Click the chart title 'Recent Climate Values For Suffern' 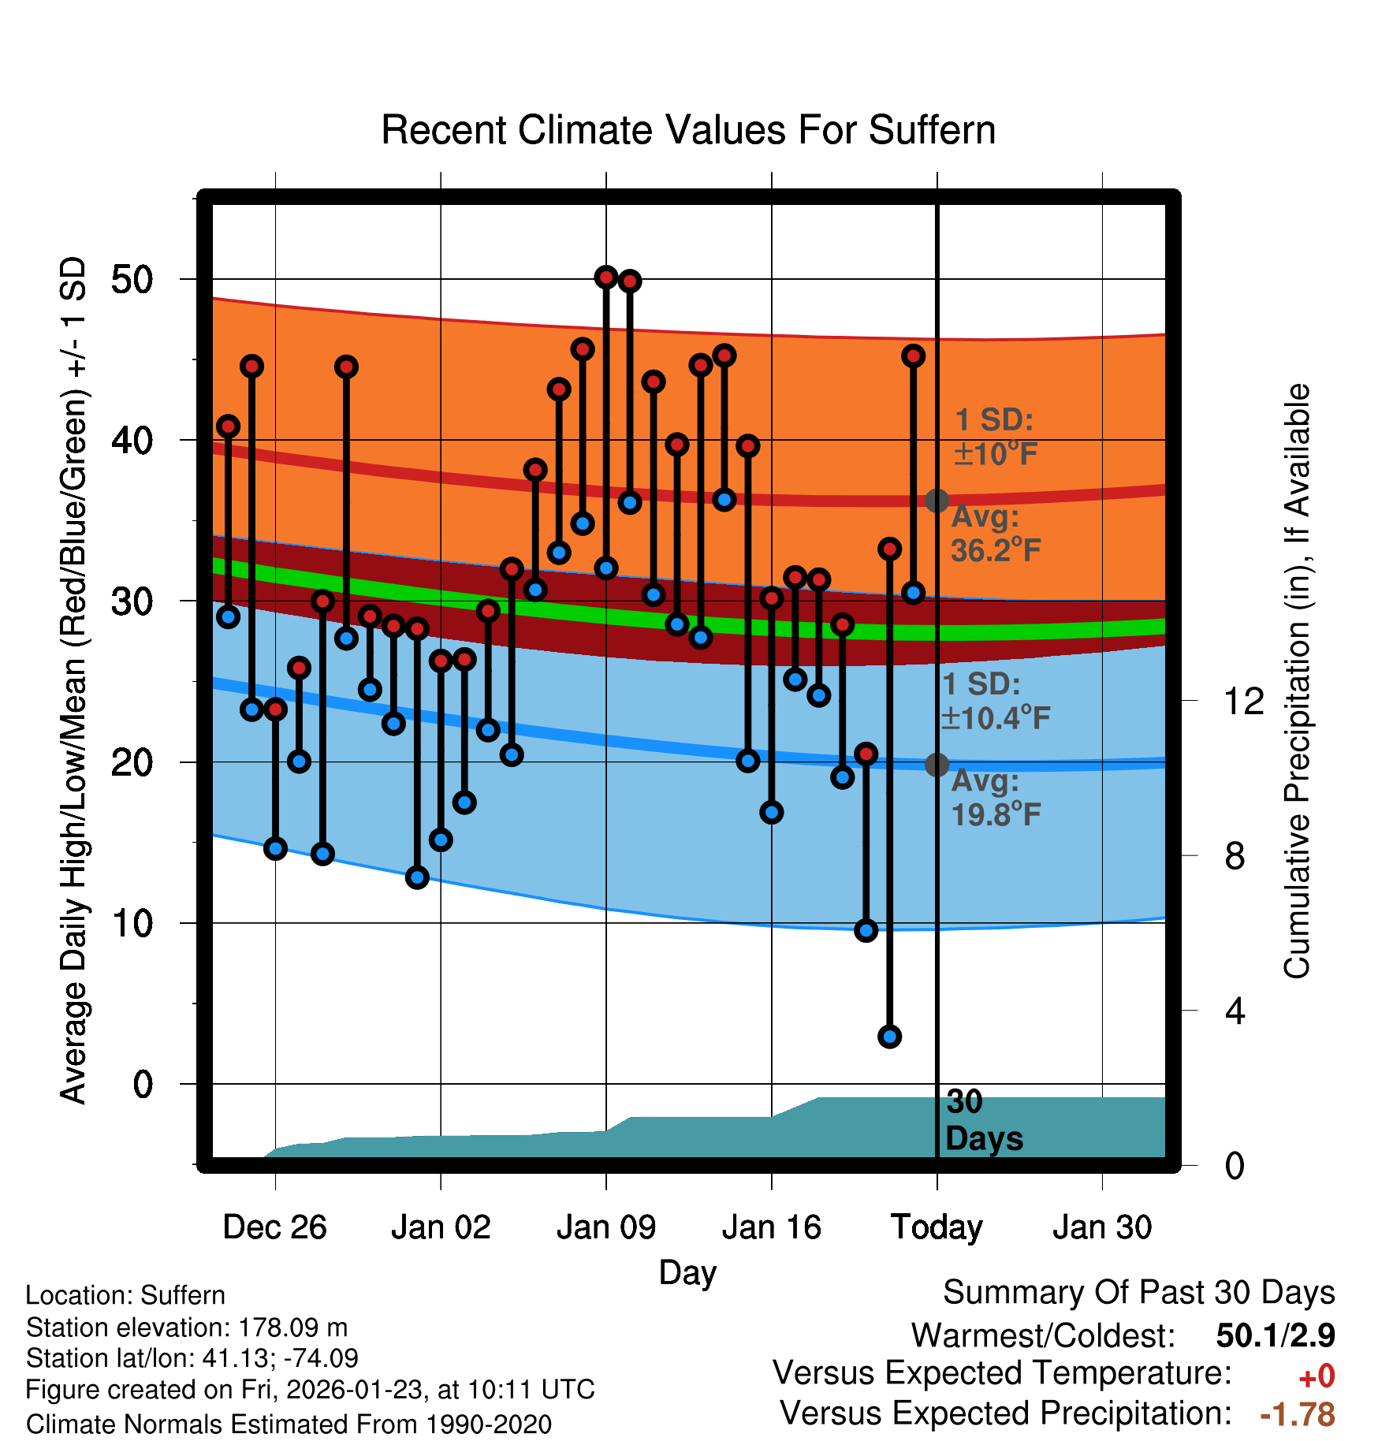[688, 130]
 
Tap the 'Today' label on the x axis [937, 1227]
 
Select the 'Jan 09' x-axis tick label [605, 1227]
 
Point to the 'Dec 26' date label [274, 1227]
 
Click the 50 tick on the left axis [132, 280]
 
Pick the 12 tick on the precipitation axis [1243, 701]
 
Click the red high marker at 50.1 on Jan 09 [606, 277]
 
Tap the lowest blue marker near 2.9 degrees [890, 1037]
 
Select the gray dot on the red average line [937, 500]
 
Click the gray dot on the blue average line [937, 764]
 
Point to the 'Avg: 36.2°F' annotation [995, 534]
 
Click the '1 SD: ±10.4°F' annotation [995, 701]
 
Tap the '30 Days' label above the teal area [983, 1120]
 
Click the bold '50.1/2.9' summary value [1275, 1335]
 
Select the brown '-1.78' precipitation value [1297, 1414]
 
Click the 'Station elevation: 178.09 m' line [187, 1327]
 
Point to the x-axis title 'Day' [687, 1272]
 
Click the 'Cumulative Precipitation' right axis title [1296, 681]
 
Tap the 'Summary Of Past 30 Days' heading [1138, 1293]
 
